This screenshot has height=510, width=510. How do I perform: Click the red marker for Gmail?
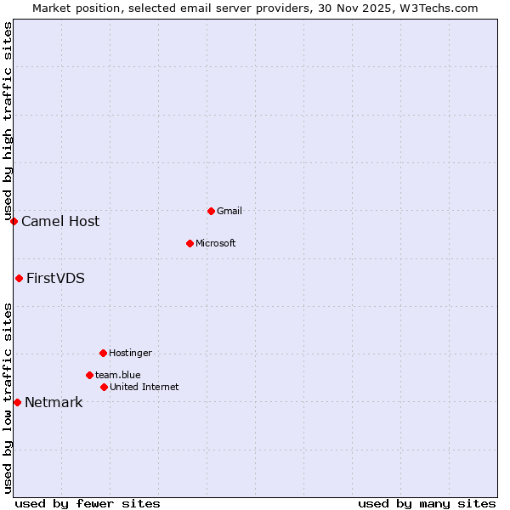211,211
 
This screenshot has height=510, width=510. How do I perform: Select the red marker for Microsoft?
190,243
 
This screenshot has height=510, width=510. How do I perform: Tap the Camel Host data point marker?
14,221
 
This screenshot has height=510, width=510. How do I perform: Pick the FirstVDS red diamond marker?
19,278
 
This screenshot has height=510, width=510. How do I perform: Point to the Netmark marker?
17,402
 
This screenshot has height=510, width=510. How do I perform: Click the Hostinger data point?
103,353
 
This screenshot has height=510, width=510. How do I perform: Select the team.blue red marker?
89,375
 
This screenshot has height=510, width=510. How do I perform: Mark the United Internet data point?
104,387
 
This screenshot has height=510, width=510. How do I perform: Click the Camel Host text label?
60,222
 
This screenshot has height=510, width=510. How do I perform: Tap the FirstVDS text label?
55,279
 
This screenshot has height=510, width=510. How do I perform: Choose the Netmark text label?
54,403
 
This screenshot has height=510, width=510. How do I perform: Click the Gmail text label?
229,211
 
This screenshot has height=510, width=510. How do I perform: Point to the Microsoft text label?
215,243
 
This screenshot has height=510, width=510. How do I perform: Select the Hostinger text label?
130,353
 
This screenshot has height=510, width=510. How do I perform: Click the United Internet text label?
144,387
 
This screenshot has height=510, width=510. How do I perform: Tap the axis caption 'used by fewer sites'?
88,503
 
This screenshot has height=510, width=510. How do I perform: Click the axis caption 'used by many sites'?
427,503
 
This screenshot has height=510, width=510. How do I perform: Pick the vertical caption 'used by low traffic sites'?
8,398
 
